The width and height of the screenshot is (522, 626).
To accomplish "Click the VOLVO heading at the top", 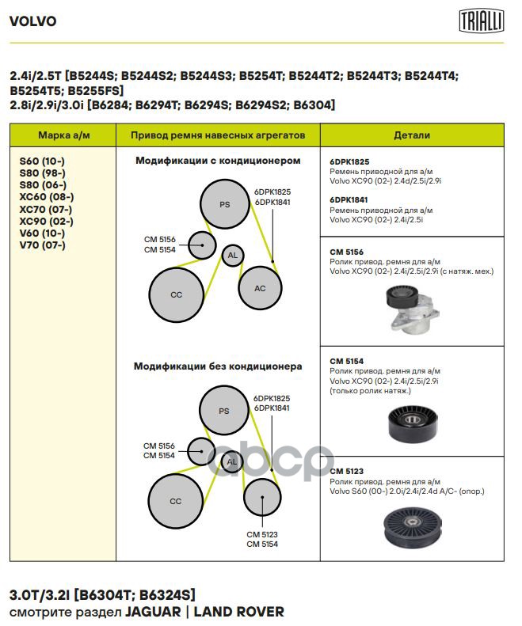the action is click(32, 21).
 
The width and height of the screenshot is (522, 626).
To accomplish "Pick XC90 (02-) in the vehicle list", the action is click(47, 221).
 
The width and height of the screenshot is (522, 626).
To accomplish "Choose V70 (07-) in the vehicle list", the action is click(42, 245).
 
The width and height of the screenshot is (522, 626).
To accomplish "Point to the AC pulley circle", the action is click(260, 288).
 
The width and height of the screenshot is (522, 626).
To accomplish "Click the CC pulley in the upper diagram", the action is click(176, 294).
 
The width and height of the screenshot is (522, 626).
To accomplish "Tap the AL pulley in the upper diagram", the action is click(232, 256).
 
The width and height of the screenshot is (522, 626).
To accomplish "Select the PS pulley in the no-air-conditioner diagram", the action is click(223, 411).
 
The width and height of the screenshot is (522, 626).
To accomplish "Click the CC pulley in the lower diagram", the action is click(175, 501).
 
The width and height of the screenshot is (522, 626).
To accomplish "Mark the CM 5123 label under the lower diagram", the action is click(262, 534).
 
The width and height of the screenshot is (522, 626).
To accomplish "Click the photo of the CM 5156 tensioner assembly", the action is click(411, 309).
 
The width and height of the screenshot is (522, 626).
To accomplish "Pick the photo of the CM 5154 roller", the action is click(411, 424).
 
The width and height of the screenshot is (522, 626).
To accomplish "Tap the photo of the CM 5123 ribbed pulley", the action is click(411, 527).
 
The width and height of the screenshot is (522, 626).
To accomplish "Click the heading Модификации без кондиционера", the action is click(218, 366).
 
